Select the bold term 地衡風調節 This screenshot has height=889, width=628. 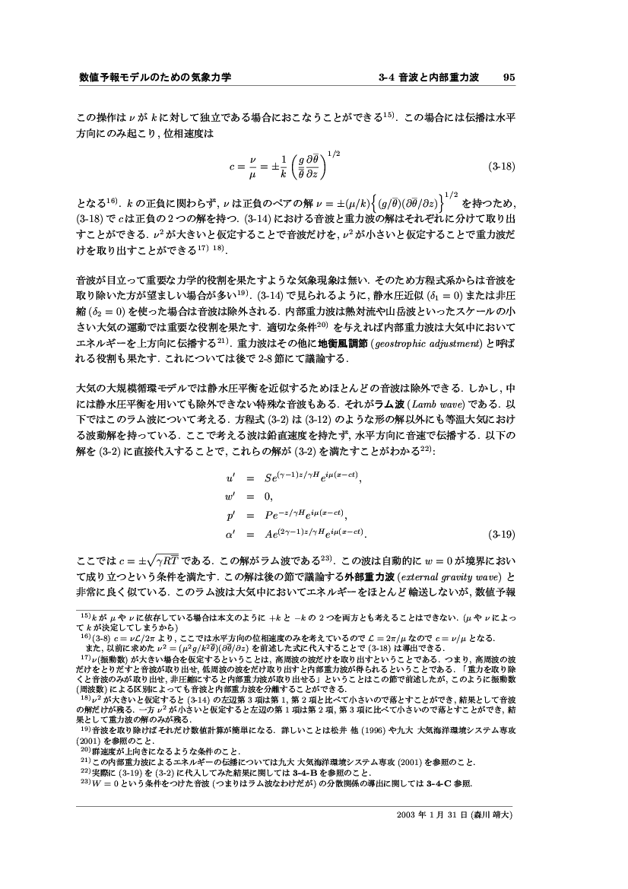pyautogui.click(x=328, y=343)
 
